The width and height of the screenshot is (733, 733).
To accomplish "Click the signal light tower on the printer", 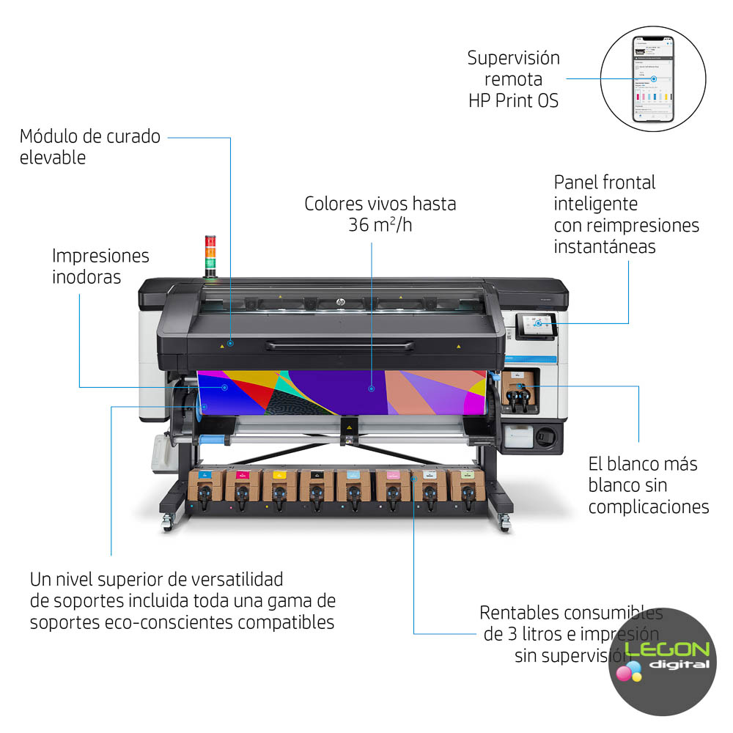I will [211, 255].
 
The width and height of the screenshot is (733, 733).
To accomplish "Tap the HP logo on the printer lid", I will [340, 301].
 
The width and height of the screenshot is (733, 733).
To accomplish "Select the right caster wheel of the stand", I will [504, 523].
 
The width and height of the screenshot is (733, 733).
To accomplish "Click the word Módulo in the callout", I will [51, 136].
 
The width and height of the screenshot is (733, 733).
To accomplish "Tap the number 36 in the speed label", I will [359, 225].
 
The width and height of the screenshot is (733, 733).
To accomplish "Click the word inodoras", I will [86, 278].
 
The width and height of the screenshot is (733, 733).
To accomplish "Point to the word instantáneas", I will [605, 247].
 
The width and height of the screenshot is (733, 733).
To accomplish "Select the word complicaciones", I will [649, 507].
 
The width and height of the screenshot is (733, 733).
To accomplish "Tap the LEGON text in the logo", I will [668, 650].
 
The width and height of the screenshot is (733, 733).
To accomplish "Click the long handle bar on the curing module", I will [339, 345].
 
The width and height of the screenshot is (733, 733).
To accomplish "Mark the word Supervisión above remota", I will [514, 58].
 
